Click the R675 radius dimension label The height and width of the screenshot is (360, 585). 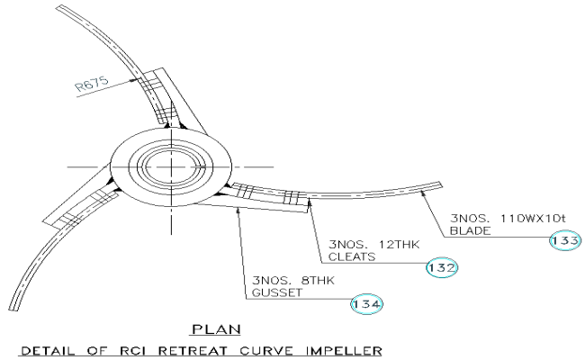pyautogui.click(x=92, y=87)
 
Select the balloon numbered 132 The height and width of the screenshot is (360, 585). pyautogui.click(x=443, y=267)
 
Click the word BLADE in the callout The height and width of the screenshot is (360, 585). pyautogui.click(x=470, y=231)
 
